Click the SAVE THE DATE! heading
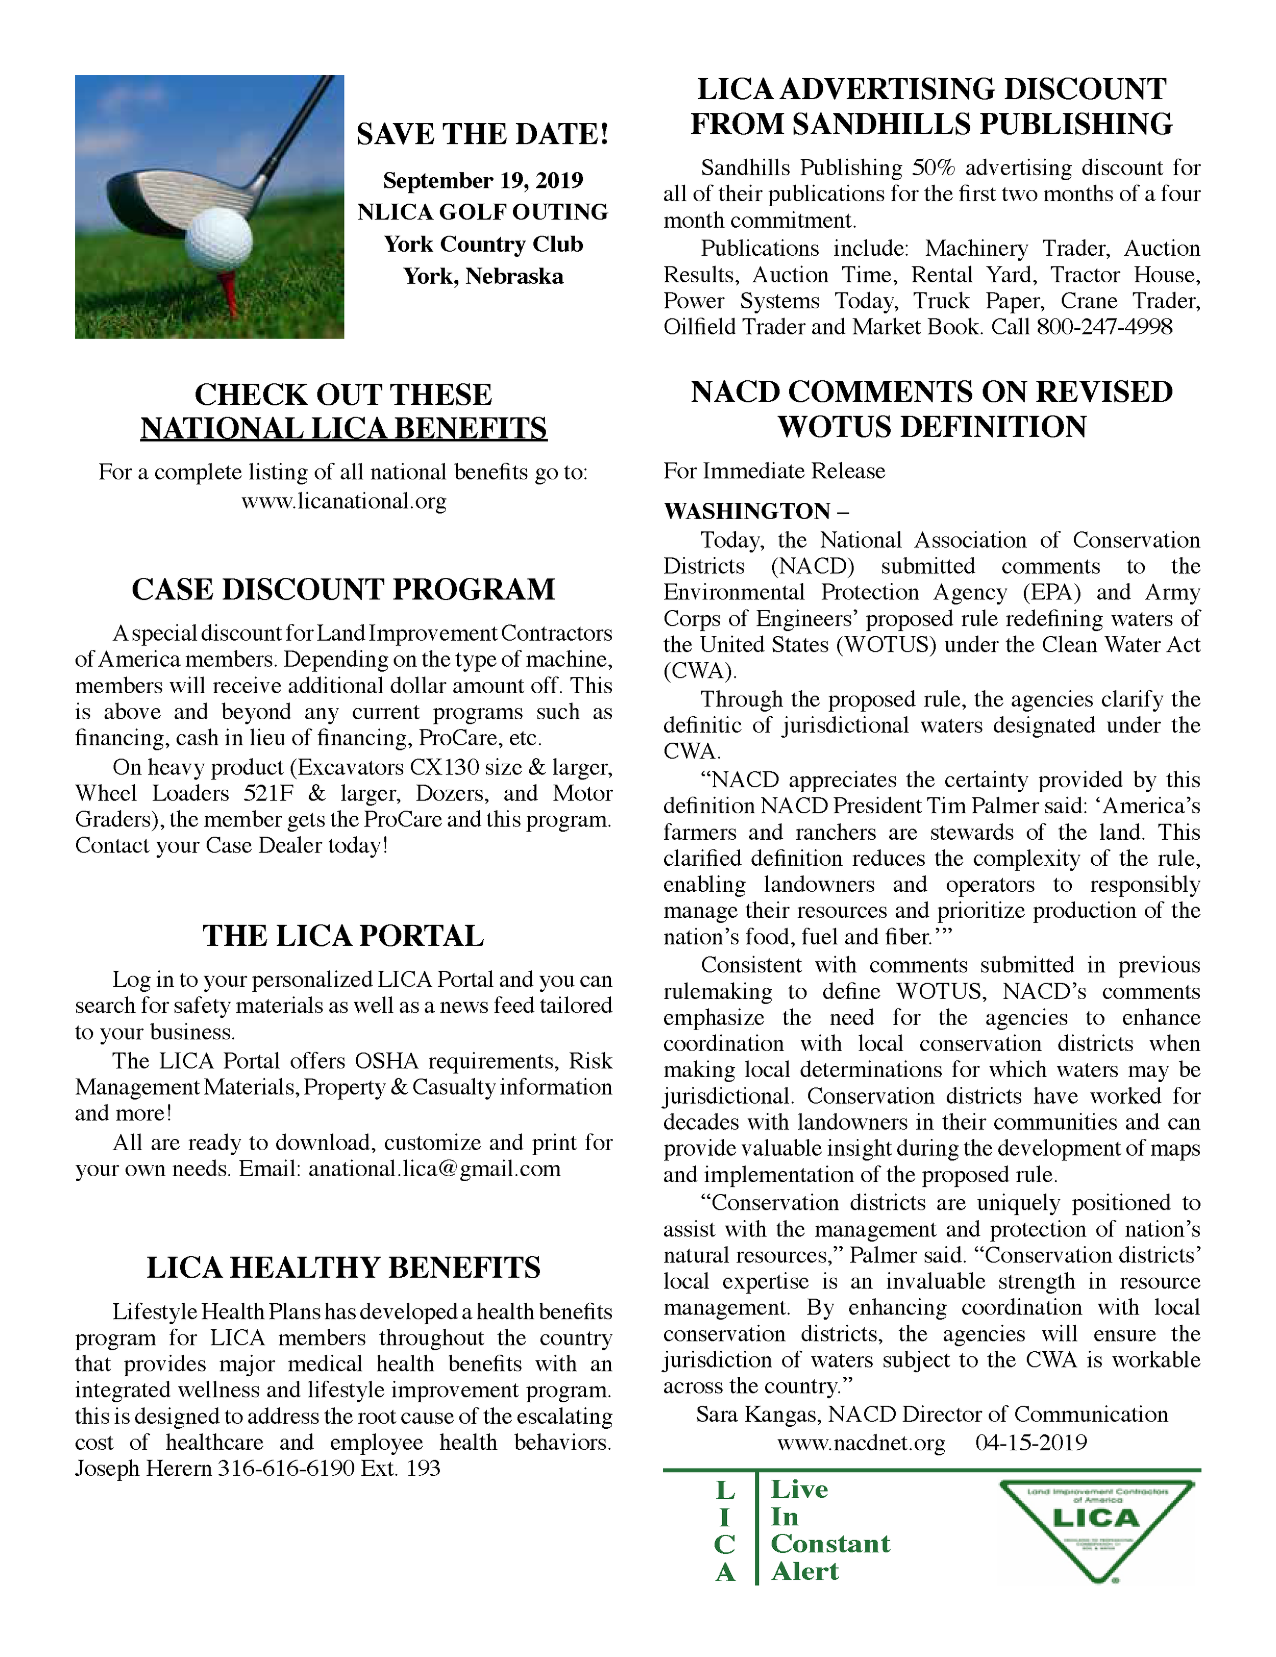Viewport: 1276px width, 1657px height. point(482,134)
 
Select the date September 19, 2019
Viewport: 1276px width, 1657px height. point(482,181)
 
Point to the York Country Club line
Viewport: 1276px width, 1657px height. point(482,245)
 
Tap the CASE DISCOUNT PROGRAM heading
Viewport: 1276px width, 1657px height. point(343,590)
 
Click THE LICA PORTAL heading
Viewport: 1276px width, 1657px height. point(343,936)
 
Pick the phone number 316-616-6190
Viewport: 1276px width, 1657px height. point(286,1468)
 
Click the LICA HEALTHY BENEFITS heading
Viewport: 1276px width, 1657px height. point(343,1268)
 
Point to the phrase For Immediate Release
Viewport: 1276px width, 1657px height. point(774,471)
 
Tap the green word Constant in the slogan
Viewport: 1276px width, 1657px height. point(830,1544)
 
